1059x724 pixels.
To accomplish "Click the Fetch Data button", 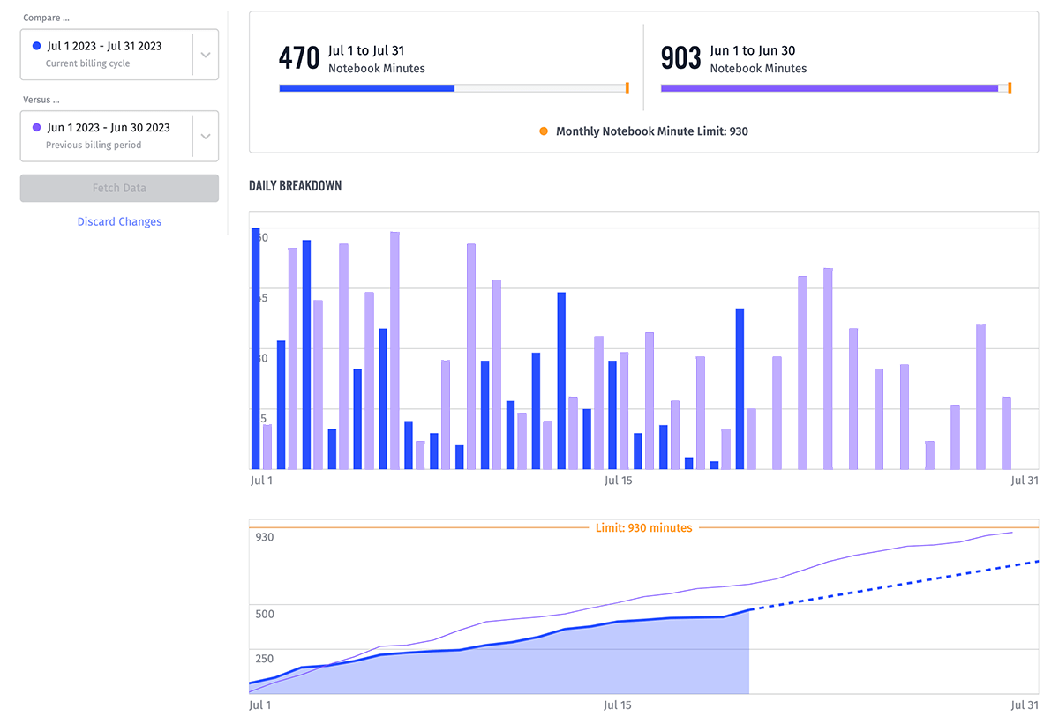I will (x=119, y=188).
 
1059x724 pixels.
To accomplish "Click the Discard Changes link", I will (x=119, y=221).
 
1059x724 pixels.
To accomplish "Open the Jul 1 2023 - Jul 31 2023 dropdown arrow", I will (x=205, y=55).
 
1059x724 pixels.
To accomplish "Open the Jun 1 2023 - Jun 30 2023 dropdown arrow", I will (x=205, y=136).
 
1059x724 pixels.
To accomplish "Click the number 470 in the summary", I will (x=298, y=58).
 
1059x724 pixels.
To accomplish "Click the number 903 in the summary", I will (x=680, y=58).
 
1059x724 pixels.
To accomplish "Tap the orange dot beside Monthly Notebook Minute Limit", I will (x=544, y=131).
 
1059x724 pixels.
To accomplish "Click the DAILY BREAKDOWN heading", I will (x=296, y=186).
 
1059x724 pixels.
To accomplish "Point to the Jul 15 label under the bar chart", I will (x=618, y=481).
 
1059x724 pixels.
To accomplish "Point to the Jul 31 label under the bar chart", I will (x=1025, y=481).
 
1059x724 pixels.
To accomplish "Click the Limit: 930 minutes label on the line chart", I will (x=643, y=528).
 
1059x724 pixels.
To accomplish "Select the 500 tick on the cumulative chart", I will (x=264, y=614).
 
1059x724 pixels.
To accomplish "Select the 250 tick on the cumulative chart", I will (x=264, y=659).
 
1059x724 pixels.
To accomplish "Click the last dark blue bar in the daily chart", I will (x=740, y=388).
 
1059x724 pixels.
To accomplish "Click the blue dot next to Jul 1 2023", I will (x=36, y=46).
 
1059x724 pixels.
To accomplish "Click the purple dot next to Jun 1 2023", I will (x=36, y=127).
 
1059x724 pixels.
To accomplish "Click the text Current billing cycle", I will (x=87, y=63).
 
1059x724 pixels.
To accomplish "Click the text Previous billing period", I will (x=93, y=145).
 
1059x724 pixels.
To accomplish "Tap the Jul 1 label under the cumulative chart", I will (x=261, y=705).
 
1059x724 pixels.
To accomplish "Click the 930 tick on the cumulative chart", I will (x=264, y=537).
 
